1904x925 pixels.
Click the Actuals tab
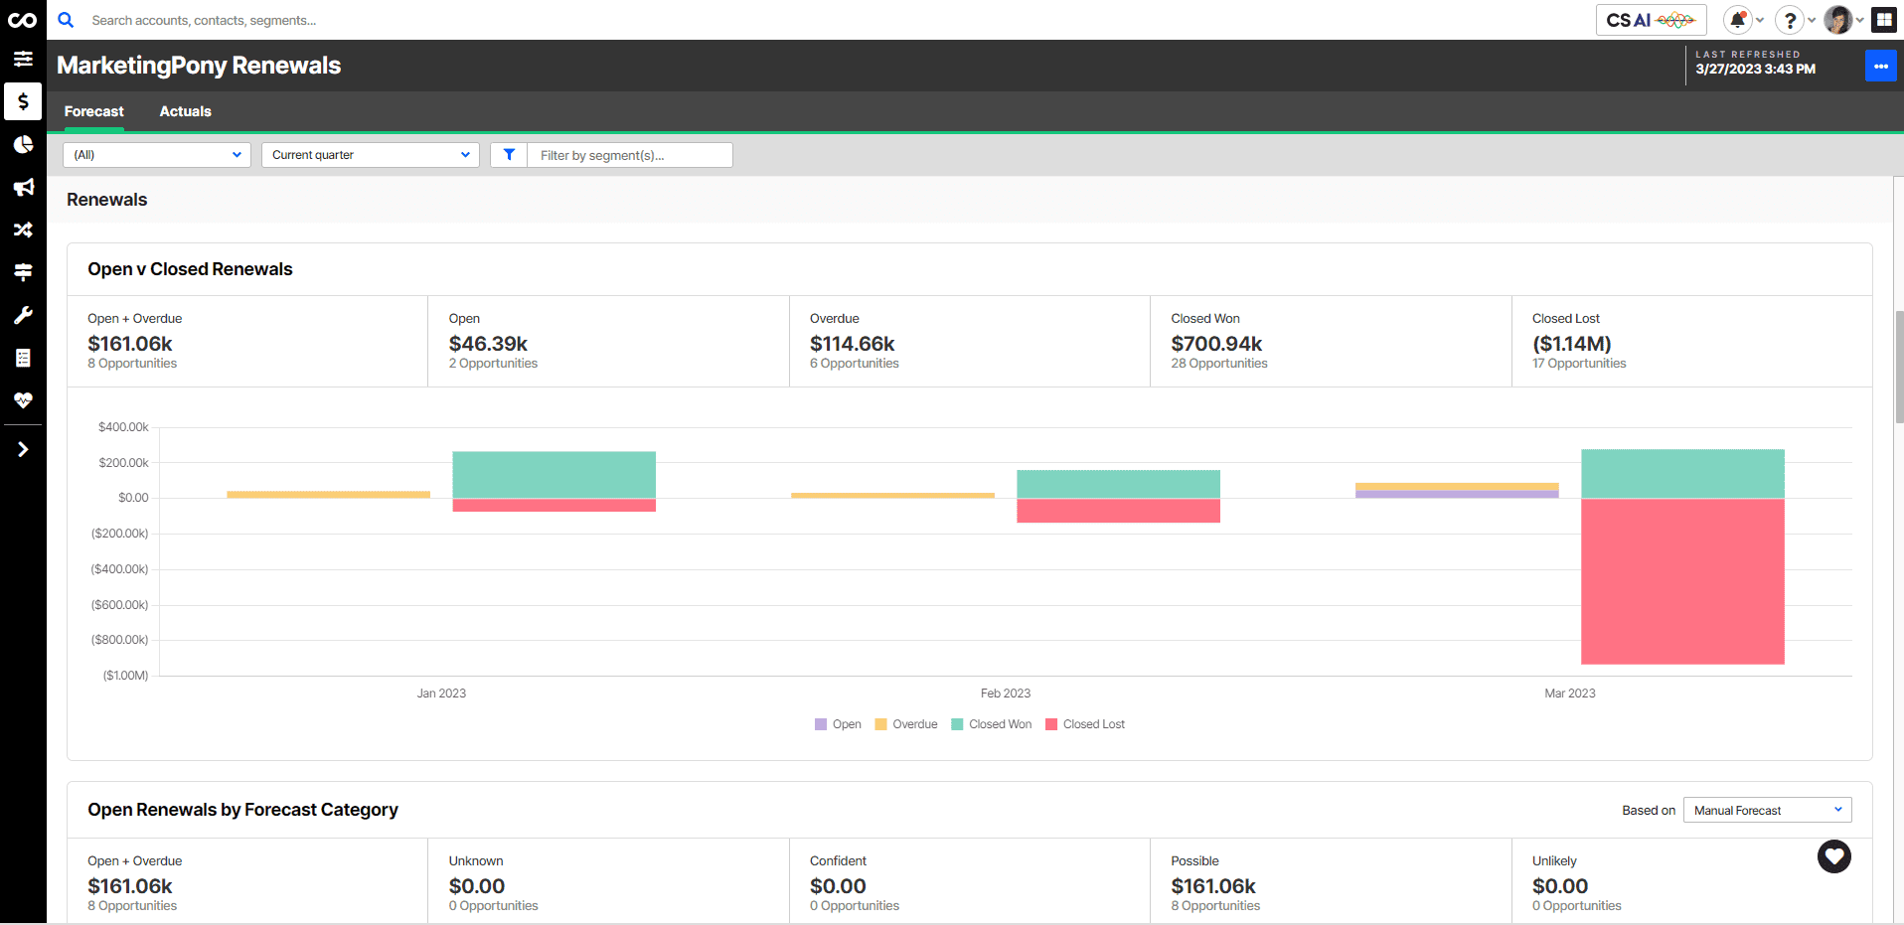185,111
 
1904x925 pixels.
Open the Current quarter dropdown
370,155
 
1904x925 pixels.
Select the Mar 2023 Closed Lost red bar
1681,581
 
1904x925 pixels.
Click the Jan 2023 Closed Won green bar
554,474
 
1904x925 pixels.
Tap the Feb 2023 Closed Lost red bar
1118,510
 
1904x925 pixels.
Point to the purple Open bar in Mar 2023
1456,494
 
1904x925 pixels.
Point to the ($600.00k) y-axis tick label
120,605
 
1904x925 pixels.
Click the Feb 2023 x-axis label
1005,694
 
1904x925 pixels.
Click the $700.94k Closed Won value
1215,344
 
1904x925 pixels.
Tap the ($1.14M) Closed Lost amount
1571,344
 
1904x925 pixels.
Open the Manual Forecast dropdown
1766,811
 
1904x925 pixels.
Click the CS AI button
1650,20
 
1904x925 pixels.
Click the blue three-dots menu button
1880,66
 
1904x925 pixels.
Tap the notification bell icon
1737,20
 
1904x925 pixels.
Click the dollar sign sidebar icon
23,101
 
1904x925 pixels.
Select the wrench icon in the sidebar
23,315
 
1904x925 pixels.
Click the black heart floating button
1833,856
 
